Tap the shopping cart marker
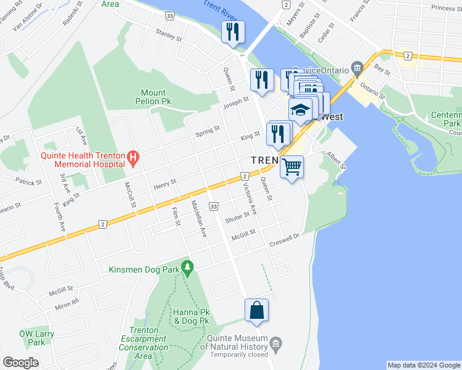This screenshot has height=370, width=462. coord(292,166)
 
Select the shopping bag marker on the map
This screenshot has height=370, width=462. coord(256,310)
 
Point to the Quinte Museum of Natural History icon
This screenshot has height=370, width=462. coord(275,343)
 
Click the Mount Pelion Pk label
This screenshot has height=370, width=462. coord(153,97)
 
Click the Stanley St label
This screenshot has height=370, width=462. coord(169,35)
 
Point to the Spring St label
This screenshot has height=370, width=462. coord(208,131)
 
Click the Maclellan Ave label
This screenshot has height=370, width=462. coord(198,219)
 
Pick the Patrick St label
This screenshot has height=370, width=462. coord(29,183)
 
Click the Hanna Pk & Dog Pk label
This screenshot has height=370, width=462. coord(191,317)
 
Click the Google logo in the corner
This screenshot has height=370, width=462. coord(20,363)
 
